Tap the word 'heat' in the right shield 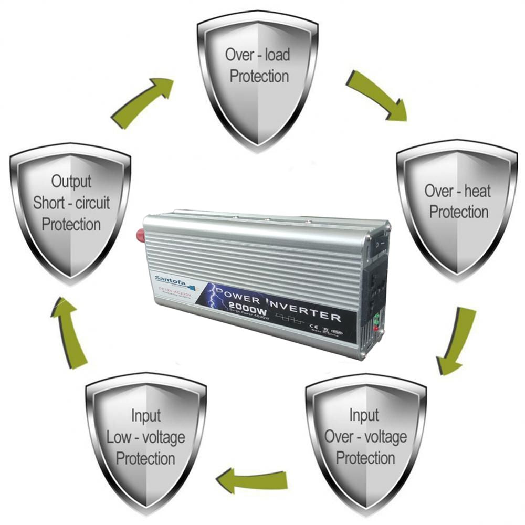point(477,191)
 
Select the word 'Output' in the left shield point(71,182)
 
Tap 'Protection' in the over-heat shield point(459,212)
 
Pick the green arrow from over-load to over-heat point(376,96)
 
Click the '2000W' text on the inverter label point(248,310)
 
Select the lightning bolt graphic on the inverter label point(213,301)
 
